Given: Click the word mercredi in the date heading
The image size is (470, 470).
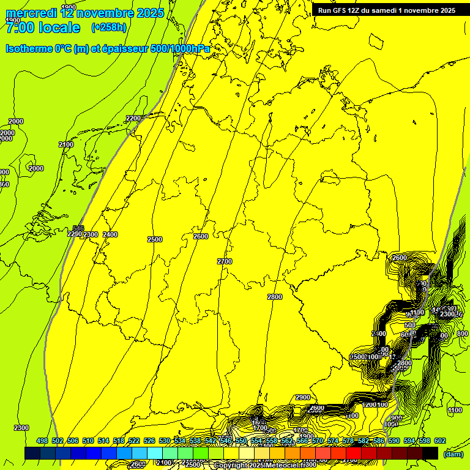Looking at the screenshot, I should [31, 13].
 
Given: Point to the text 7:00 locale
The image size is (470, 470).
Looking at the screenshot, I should [43, 28].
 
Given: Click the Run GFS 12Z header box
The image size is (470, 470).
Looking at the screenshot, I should [386, 10].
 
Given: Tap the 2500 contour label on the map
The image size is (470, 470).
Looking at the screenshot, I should [155, 239].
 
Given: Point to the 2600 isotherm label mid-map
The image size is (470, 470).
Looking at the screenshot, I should [200, 236].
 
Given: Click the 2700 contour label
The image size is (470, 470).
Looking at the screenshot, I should [225, 261].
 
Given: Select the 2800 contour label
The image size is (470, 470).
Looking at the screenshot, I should [275, 297].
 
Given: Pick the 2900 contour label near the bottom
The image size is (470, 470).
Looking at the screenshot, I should [303, 397].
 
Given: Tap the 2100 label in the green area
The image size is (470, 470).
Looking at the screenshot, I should [66, 144].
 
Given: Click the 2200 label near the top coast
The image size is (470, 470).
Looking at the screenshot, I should [133, 118].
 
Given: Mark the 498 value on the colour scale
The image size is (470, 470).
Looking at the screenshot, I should [42, 441].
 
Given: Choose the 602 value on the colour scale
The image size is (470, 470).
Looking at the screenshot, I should [440, 441].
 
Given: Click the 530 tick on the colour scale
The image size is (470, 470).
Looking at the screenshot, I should [165, 441].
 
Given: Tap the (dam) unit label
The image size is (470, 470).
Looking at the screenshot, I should [453, 454].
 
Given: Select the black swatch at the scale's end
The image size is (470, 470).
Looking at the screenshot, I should [430, 453].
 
